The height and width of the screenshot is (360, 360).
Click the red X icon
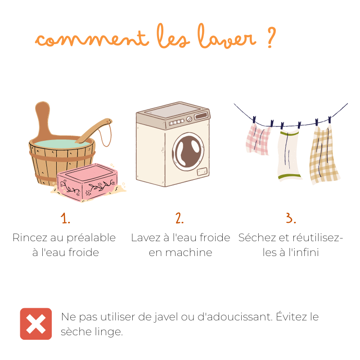36,324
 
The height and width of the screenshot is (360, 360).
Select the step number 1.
66,218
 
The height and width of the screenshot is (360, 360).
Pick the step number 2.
180,218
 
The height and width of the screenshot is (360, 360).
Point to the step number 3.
290,218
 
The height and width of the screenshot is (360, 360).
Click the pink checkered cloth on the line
257,139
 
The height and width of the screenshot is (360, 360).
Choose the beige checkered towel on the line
324,155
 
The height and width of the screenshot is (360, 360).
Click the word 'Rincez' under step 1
30,238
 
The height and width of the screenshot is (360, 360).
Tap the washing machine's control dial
189,119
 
